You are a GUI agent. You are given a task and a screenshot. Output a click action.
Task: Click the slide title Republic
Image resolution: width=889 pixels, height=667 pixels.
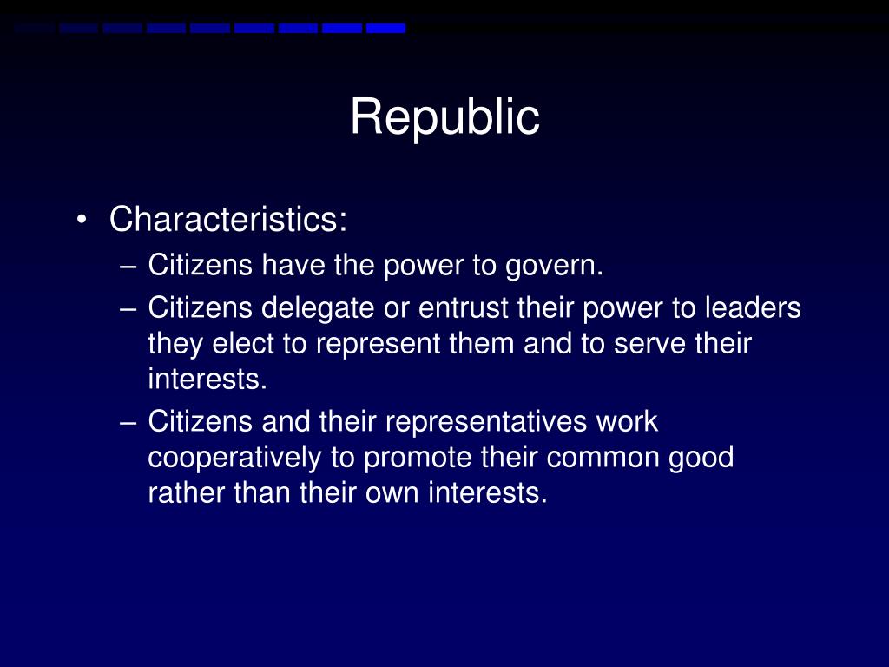[x=444, y=117]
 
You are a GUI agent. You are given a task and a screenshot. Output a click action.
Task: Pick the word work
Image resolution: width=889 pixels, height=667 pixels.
[x=627, y=422]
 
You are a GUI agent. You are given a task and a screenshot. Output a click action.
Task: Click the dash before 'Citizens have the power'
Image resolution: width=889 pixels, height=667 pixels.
[x=130, y=266]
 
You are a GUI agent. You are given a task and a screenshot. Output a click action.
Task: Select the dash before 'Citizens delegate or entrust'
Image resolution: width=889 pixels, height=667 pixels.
[x=130, y=308]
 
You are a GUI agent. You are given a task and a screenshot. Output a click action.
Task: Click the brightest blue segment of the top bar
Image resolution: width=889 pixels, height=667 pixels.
[x=385, y=29]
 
